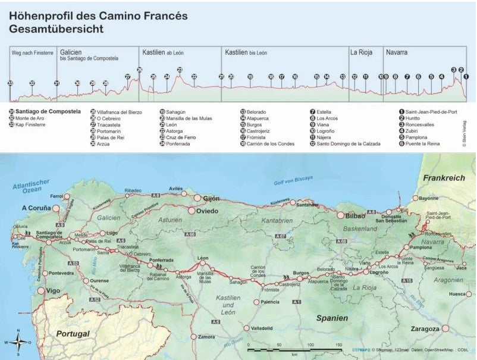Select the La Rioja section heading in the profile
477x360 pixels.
(x=361, y=53)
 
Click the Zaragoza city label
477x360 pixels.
(x=425, y=328)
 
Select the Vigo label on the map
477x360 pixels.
(x=53, y=291)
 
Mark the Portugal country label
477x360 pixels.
(x=73, y=334)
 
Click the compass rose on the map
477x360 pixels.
(x=19, y=342)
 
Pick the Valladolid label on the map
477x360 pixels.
(x=261, y=328)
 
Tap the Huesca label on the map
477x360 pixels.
(x=457, y=294)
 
